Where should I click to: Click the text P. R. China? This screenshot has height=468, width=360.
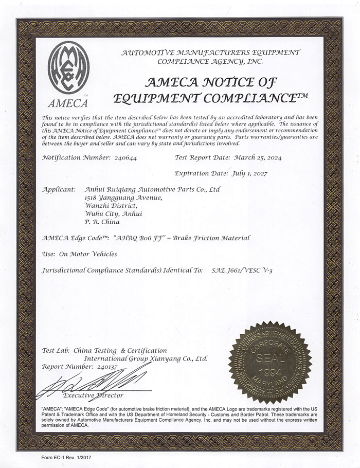click(102, 222)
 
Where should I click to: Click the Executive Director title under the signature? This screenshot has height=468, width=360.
click(93, 395)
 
